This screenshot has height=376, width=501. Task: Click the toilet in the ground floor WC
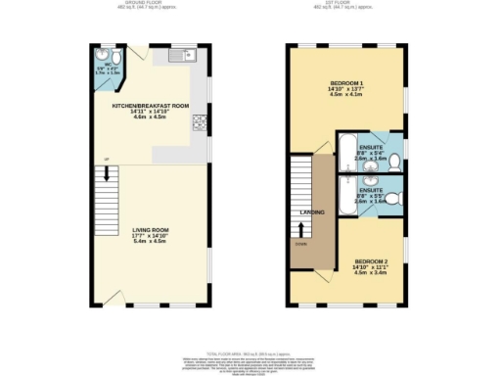tap(105, 56)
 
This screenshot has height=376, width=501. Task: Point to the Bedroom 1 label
tap(347, 84)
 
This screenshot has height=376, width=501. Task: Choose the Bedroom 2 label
tap(371, 261)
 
